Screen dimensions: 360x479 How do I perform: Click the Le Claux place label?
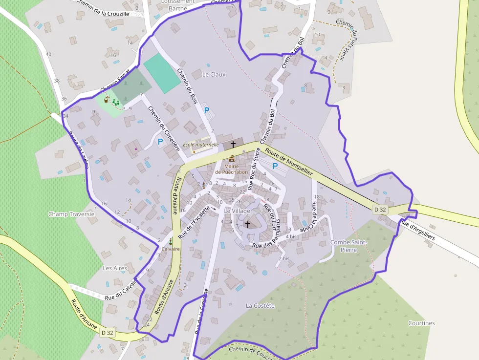point(214,75)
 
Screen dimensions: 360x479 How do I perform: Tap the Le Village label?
point(237,211)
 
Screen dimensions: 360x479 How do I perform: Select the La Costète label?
point(260,306)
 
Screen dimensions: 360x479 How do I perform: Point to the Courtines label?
point(421,323)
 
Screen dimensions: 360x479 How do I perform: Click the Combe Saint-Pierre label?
point(349,246)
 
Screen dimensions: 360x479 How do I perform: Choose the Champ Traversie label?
point(71,214)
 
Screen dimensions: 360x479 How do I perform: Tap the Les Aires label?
point(115,268)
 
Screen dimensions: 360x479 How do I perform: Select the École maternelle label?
point(200,145)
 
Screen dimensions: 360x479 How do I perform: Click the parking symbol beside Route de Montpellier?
point(275,167)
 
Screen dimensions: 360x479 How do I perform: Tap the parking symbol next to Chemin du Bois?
point(207,110)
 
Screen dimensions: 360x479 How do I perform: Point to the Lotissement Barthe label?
point(177,4)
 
